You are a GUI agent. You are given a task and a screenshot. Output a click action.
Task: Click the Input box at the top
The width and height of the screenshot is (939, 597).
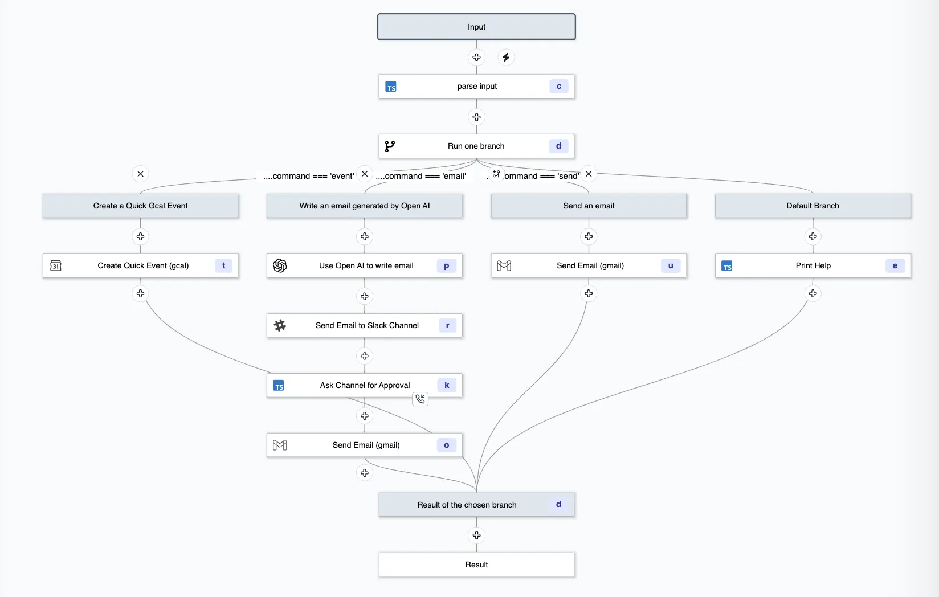tap(476, 27)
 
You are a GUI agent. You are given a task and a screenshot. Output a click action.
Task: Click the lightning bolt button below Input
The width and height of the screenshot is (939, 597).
tap(506, 57)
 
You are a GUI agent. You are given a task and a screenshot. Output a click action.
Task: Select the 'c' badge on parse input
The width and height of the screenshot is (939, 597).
tap(558, 87)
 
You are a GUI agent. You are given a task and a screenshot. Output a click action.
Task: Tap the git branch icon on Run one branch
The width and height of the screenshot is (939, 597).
tap(390, 146)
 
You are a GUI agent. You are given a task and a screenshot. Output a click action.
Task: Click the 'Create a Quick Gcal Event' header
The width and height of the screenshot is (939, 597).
tap(140, 206)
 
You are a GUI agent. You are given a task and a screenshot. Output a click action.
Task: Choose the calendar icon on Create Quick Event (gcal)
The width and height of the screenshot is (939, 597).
tap(56, 266)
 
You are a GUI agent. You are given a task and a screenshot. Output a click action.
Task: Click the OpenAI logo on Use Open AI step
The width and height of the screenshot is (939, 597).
tap(280, 266)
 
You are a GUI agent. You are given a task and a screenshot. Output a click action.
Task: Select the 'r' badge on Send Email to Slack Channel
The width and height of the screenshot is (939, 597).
tap(447, 325)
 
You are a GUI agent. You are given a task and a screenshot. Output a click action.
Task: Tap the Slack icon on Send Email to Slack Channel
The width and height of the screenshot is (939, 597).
tap(280, 325)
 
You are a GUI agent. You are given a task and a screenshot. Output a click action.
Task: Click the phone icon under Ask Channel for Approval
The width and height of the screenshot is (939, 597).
tap(420, 399)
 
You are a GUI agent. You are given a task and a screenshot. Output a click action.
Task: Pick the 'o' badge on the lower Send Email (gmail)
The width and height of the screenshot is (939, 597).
tap(446, 445)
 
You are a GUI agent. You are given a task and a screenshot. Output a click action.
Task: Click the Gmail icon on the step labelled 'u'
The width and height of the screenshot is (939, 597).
tap(504, 266)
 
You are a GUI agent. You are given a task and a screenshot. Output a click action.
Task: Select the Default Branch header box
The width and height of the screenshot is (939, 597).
tap(813, 206)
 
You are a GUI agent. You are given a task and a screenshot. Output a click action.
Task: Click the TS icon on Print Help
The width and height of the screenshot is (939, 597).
tap(727, 266)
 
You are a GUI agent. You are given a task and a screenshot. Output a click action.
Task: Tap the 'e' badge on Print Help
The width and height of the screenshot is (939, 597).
tap(895, 266)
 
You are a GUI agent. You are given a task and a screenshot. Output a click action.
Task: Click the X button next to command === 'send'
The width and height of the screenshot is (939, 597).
tap(589, 174)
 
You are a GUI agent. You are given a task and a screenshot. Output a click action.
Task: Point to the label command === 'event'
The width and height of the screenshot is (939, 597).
tap(308, 176)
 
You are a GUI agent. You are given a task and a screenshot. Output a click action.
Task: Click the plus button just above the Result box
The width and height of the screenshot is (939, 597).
tap(476, 535)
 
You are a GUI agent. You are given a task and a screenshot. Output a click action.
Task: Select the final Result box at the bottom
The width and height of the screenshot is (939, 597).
tap(476, 565)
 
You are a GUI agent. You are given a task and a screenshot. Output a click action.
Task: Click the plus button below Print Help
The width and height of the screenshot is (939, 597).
tap(813, 293)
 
